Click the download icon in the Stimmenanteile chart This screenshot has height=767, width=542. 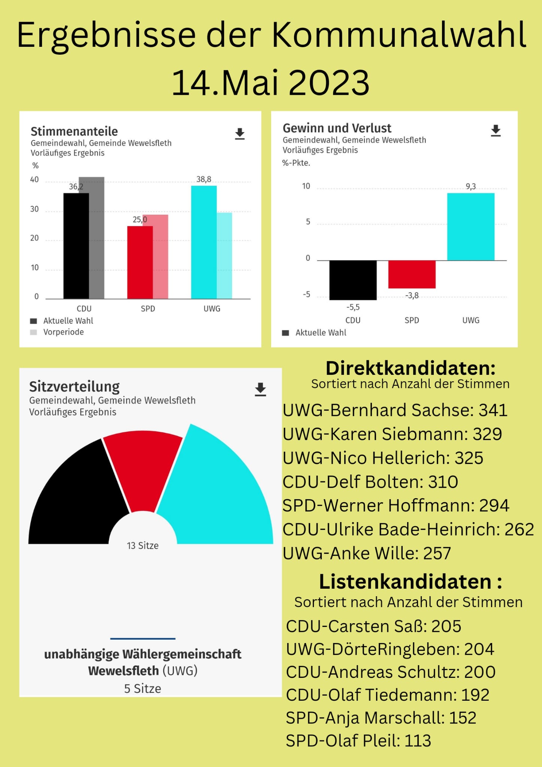point(240,134)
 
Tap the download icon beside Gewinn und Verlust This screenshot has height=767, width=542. point(496,131)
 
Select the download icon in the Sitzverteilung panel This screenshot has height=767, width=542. point(260,389)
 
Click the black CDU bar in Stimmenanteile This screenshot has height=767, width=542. point(76,246)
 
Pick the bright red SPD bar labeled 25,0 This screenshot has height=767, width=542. point(140,262)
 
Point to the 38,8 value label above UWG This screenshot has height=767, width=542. point(204,179)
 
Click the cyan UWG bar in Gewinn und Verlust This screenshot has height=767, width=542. point(470,227)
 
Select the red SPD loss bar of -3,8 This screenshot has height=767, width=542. point(412,274)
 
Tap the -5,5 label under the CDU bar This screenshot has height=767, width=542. point(353,307)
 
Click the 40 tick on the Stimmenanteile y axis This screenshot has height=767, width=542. point(34,180)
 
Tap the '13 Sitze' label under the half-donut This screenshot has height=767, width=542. point(143,546)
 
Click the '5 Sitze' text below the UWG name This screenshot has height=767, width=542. point(143,689)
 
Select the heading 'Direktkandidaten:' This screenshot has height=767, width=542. point(411,368)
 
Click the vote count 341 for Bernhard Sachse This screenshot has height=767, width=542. point(493,410)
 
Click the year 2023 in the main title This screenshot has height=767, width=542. point(329,83)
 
